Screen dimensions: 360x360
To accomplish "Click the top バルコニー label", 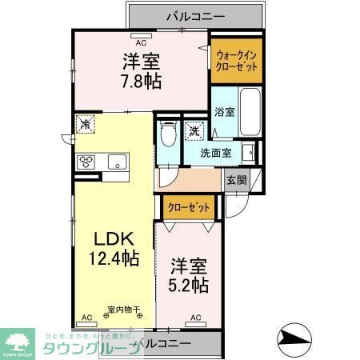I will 195,15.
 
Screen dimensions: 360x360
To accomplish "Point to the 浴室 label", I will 224,113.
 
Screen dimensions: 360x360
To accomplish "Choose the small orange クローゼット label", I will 189,207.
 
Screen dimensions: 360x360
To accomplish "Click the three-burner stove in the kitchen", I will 86,161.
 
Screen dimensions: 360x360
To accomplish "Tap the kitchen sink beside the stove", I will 117,161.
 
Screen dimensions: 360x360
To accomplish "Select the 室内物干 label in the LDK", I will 124,309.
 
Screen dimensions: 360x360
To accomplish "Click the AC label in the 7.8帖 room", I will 141,42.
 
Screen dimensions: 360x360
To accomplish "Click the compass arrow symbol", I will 298,338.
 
